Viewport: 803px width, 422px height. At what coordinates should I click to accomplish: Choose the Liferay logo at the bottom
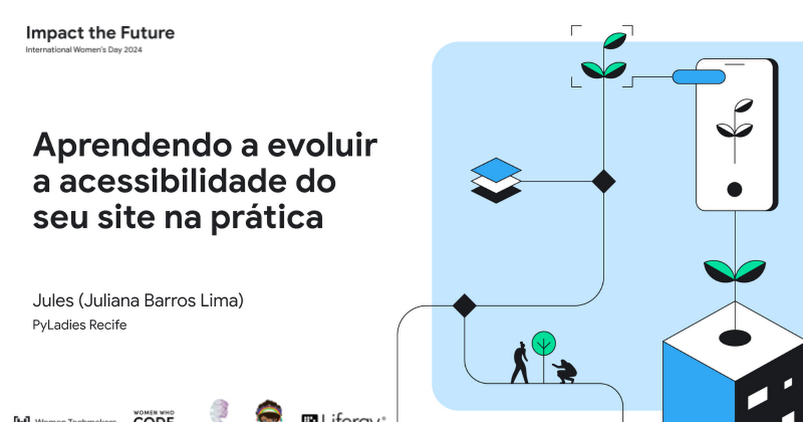[x=343, y=417]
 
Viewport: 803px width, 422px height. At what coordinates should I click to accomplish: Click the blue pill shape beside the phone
[x=698, y=77]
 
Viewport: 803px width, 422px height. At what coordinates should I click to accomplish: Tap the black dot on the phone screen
[x=734, y=190]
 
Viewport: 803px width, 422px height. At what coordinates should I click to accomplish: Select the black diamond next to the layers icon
[x=604, y=181]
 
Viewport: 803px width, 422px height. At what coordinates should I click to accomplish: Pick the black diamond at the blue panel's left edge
[x=464, y=305]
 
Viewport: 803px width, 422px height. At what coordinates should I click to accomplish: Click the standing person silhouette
[x=520, y=363]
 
